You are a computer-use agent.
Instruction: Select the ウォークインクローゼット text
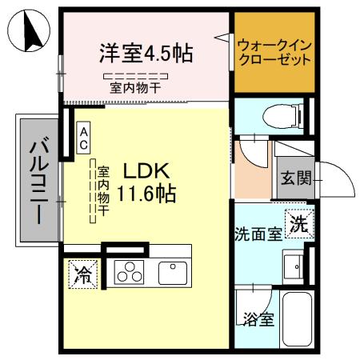(273, 54)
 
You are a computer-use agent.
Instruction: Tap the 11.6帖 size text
(146, 193)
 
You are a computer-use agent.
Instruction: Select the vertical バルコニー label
(37, 180)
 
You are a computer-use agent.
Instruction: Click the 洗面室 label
(258, 234)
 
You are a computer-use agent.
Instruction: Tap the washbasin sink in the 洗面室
(294, 263)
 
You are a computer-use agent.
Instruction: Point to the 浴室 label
(258, 319)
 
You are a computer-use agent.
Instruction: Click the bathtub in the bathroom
(298, 319)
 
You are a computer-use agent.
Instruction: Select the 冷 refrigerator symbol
(82, 275)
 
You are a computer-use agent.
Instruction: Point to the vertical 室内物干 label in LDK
(103, 191)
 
